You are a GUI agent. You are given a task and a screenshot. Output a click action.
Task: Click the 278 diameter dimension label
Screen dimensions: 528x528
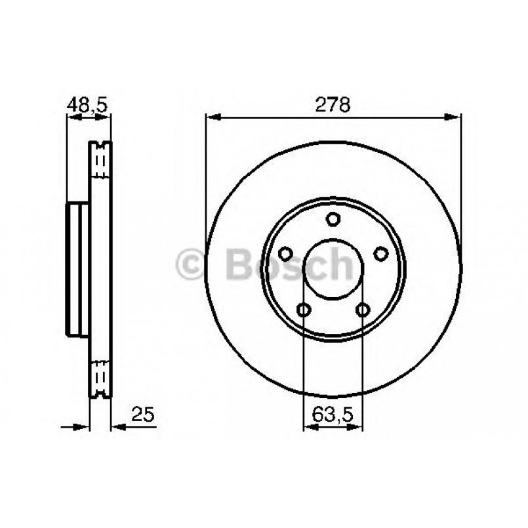333,104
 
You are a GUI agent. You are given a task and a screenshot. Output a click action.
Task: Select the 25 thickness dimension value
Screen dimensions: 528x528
142,413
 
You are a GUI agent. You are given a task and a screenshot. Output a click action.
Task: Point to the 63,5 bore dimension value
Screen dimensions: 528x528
333,414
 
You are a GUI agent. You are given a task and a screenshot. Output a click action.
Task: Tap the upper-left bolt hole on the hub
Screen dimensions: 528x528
285,253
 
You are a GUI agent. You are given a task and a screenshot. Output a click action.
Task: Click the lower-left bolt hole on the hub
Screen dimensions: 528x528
303,310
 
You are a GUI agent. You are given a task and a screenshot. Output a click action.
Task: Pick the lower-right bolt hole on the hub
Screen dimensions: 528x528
363,310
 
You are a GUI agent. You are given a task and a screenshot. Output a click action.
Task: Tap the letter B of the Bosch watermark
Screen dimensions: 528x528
240,264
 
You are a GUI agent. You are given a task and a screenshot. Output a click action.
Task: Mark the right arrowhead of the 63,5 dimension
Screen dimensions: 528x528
357,427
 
